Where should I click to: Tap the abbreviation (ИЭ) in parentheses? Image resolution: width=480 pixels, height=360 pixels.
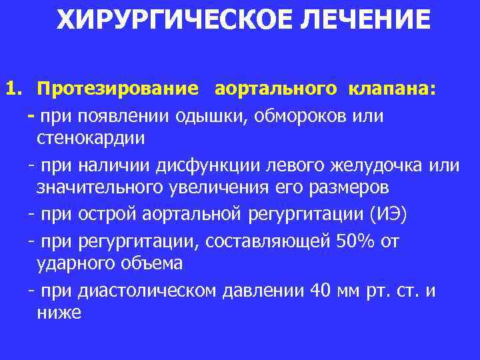395,215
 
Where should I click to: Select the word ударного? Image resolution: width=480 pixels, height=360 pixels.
81,263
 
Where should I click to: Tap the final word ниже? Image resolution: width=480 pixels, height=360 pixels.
59,313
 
